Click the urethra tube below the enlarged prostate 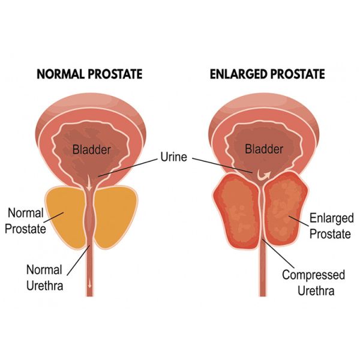pos(262,276)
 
